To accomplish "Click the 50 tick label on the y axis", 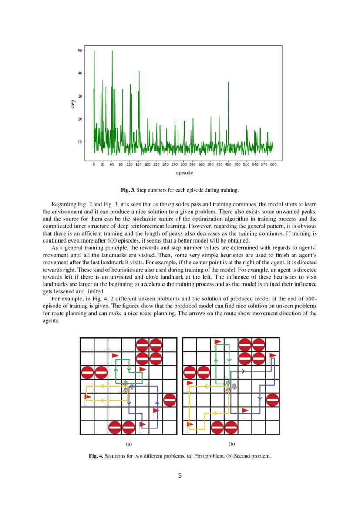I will click(x=80, y=51).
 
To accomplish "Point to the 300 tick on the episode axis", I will click(x=183, y=165).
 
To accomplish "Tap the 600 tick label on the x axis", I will click(x=273, y=165).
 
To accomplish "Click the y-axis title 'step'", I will click(x=73, y=104).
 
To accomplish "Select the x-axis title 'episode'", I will click(x=185, y=173).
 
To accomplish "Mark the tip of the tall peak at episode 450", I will click(x=228, y=82).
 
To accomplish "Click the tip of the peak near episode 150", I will click(x=139, y=71).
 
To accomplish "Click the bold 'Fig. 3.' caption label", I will click(x=128, y=190).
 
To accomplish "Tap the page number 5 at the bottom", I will click(x=180, y=475).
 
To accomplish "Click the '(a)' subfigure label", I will click(x=128, y=445).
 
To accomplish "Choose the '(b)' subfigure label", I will click(x=231, y=445).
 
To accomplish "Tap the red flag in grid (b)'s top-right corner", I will click(x=273, y=357).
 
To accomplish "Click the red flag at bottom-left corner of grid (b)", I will click(x=190, y=425).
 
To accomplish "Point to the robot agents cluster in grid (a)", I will click(x=128, y=386).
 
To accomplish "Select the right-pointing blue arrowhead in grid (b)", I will click(x=243, y=371).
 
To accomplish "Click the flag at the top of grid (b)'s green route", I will click(x=217, y=343).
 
